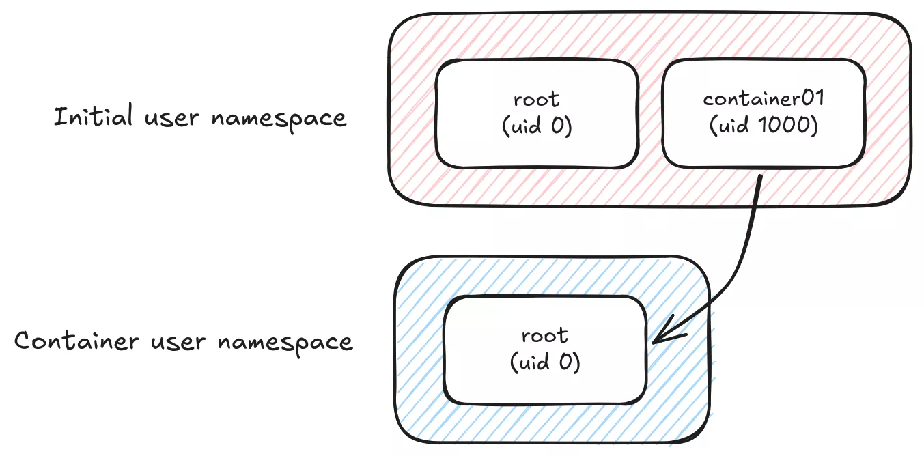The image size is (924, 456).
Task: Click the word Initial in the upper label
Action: pos(93,117)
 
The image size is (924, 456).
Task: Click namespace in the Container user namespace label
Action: pos(285,342)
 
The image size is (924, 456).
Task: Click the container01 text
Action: pos(764,98)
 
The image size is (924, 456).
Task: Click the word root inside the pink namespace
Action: pos(537,99)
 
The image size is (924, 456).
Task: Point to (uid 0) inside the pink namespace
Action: pos(537,127)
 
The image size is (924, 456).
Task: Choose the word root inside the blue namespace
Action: pos(544,335)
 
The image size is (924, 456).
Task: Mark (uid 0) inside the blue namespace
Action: pos(544,362)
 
